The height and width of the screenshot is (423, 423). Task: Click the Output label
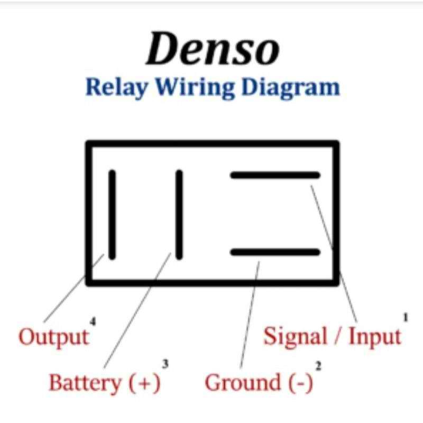tap(53, 337)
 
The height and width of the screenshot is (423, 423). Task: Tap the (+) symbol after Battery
tap(144, 383)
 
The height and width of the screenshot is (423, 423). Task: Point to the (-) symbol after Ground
tap(300, 383)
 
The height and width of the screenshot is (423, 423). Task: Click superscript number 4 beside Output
tap(93, 321)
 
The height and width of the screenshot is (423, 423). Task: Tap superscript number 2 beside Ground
tap(318, 365)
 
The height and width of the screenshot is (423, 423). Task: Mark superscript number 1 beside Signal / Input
tap(406, 318)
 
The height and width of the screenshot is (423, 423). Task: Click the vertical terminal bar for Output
tap(112, 214)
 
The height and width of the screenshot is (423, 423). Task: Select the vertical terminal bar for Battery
tap(179, 214)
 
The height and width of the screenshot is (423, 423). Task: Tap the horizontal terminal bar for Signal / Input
tap(275, 175)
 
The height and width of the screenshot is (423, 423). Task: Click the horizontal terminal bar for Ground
tap(275, 252)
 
